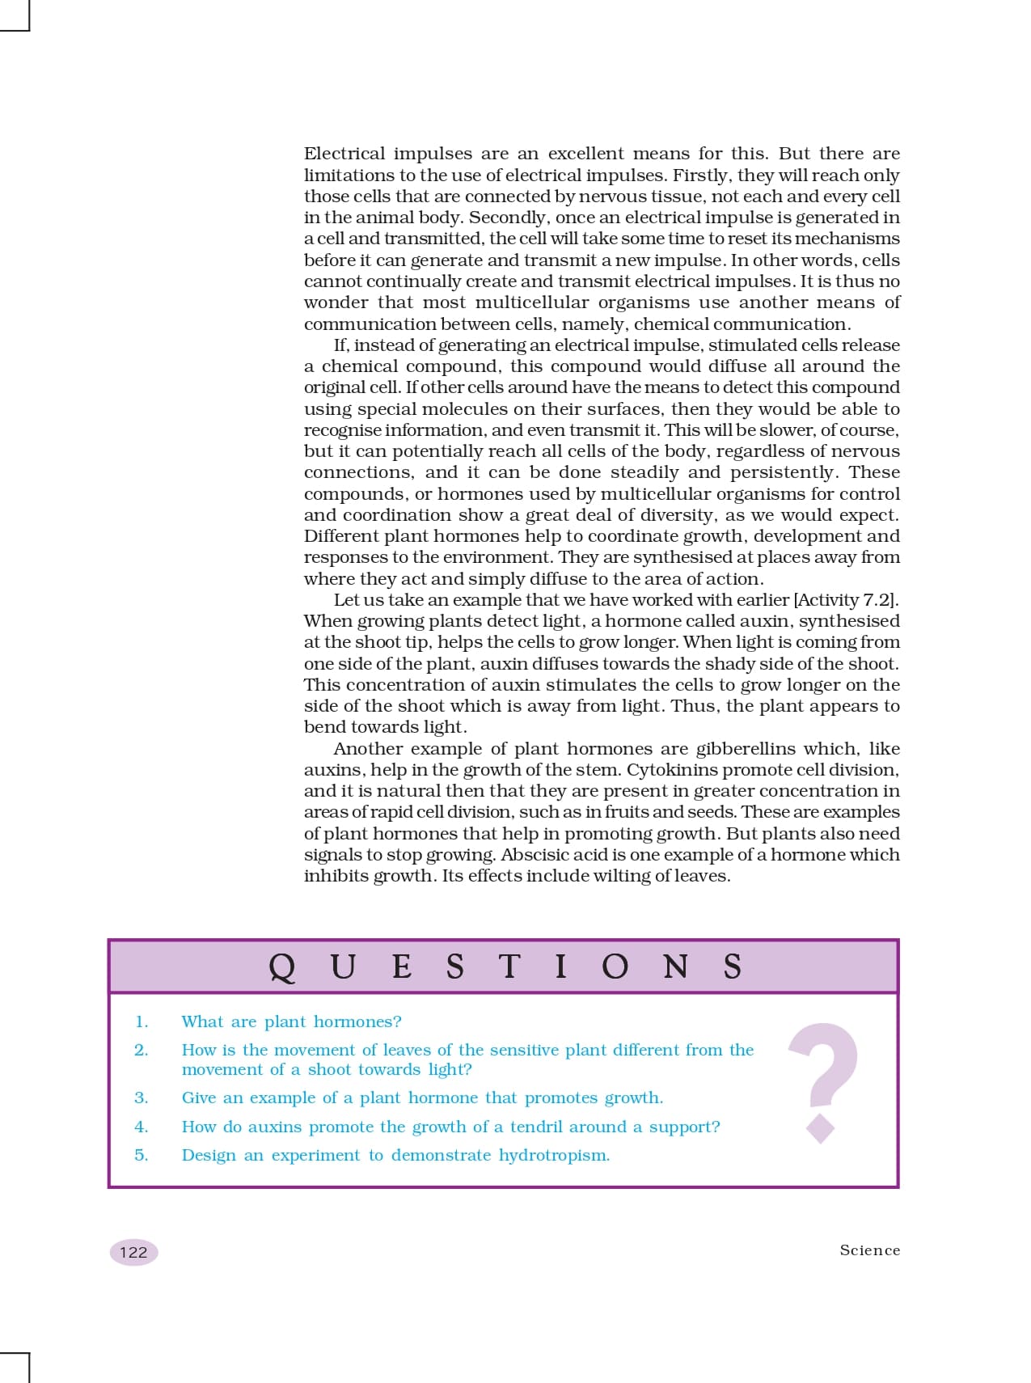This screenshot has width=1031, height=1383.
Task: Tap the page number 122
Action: coord(133,1253)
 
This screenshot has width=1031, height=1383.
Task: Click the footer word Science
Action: coord(869,1250)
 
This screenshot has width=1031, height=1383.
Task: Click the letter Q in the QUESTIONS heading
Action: coord(282,967)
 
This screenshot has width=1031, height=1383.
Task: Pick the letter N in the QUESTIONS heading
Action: coord(676,966)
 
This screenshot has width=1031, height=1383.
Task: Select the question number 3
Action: coord(142,1098)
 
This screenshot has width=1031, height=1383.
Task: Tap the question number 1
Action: coord(142,1022)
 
